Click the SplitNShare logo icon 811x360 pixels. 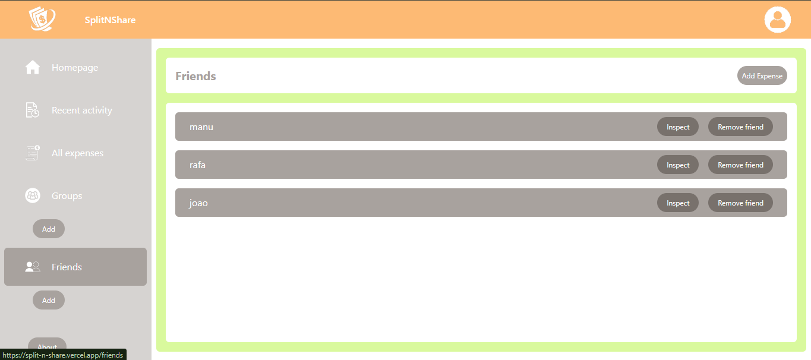pyautogui.click(x=42, y=19)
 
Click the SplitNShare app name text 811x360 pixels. pyautogui.click(x=110, y=20)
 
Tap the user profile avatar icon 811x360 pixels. pyautogui.click(x=777, y=20)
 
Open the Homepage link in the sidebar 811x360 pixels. pyautogui.click(x=75, y=68)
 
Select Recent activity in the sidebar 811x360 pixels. pyautogui.click(x=81, y=110)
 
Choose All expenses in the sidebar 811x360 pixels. pyautogui.click(x=77, y=153)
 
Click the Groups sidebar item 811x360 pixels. pyautogui.click(x=67, y=196)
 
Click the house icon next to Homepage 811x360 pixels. pyautogui.click(x=33, y=68)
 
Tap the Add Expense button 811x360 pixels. pyautogui.click(x=762, y=76)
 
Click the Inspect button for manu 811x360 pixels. pyautogui.click(x=677, y=127)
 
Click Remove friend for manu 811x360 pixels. pyautogui.click(x=740, y=127)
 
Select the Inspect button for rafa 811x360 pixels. pyautogui.click(x=677, y=165)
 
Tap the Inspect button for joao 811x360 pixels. pyautogui.click(x=677, y=203)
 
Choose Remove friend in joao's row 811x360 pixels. pyautogui.click(x=740, y=203)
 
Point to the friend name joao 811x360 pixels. pyautogui.click(x=198, y=203)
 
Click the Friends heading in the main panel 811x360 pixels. pyautogui.click(x=195, y=77)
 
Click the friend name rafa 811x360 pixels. pyautogui.click(x=197, y=165)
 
